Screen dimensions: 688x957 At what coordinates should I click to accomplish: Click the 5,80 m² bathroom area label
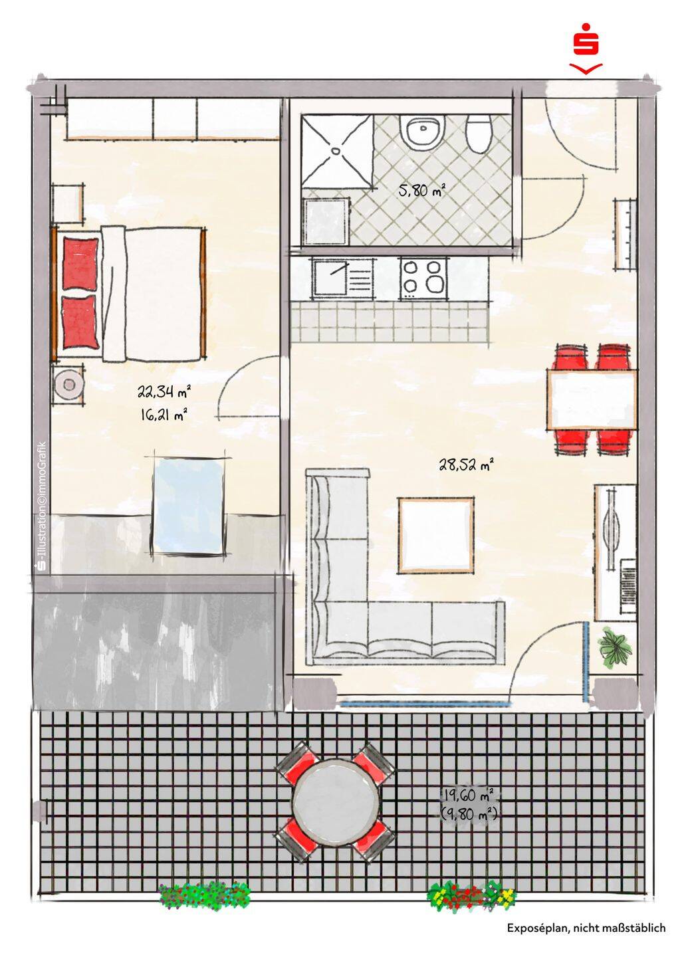(x=421, y=189)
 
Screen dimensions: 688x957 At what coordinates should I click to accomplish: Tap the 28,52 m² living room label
(x=467, y=464)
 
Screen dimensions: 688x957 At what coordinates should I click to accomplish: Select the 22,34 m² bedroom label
(x=164, y=391)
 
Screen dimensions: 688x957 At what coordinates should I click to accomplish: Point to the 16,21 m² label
(x=164, y=414)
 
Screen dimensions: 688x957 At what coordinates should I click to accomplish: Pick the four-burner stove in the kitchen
(x=423, y=278)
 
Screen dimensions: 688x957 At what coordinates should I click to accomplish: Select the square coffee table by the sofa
(x=436, y=536)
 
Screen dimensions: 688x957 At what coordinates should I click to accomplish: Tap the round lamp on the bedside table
(x=68, y=385)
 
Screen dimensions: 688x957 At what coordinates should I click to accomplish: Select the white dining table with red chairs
(x=592, y=399)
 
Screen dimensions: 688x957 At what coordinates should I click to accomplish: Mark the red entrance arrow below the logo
(x=586, y=68)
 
